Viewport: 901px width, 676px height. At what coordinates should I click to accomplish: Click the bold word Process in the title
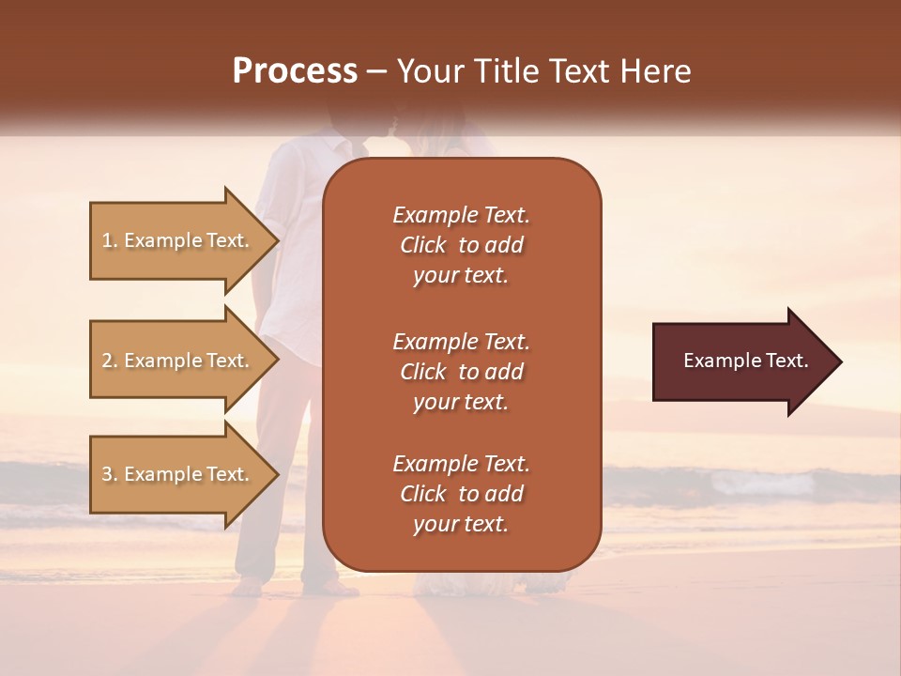coord(295,71)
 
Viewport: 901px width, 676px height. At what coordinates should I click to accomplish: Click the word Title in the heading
coord(506,71)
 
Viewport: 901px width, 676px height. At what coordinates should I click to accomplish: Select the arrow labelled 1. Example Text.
coord(178,240)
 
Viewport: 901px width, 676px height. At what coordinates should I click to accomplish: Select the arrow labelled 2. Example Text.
coord(178,361)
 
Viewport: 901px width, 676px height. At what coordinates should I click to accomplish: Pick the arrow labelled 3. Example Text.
coord(178,474)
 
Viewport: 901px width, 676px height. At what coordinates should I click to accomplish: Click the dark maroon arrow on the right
coord(741,361)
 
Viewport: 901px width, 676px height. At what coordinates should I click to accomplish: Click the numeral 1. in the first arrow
coord(109,240)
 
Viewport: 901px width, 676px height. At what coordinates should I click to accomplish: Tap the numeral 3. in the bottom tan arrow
coord(109,474)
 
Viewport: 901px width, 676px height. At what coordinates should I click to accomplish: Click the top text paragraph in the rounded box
coord(461,245)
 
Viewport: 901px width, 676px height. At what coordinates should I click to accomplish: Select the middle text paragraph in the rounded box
coord(461,372)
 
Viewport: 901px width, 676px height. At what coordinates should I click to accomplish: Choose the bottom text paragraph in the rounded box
coord(461,494)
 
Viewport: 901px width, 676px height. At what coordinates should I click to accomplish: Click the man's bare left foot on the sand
coord(249,590)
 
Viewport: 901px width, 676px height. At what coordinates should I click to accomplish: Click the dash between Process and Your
coord(376,71)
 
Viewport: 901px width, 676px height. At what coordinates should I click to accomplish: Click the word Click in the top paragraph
coord(423,245)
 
